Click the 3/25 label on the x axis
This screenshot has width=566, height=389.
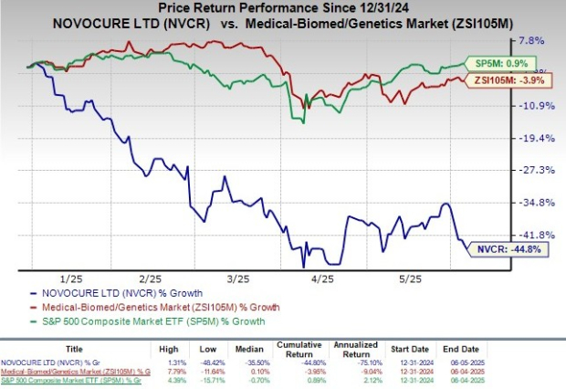tap(237, 278)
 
